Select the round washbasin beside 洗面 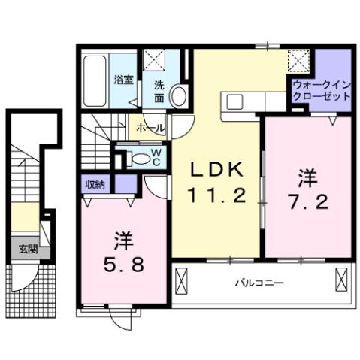click(x=179, y=96)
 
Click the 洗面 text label click(x=159, y=92)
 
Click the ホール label click(x=151, y=129)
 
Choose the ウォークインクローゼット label click(x=322, y=92)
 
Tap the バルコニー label click(x=257, y=283)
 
